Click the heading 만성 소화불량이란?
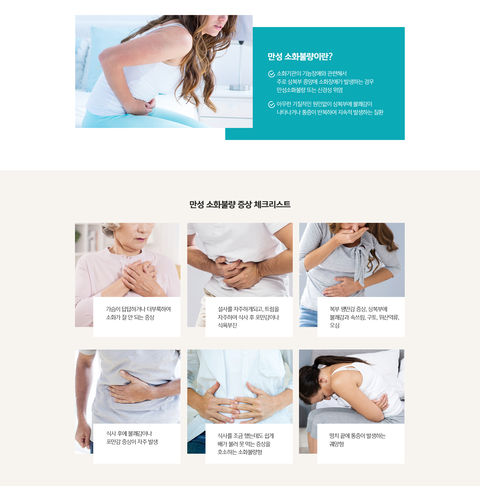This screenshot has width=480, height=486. coord(300,56)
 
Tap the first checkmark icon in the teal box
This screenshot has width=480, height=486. coord(271,74)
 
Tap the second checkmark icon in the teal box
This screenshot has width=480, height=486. coord(271,104)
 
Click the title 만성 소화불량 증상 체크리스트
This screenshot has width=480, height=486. coord(240,205)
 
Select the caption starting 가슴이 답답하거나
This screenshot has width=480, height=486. coord(138,313)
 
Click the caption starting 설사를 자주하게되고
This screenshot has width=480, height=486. coord(248,317)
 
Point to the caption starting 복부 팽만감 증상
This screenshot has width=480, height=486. coord(364,317)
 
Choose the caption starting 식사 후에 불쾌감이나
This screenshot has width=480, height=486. coord(132,438)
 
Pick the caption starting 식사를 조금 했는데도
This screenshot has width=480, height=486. coord(246,444)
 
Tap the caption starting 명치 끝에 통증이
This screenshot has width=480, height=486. coord(357,440)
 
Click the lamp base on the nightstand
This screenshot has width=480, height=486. coord(239,88)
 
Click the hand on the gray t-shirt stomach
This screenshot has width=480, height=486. coord(130,387)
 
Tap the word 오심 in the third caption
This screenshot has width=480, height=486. coord(334,326)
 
